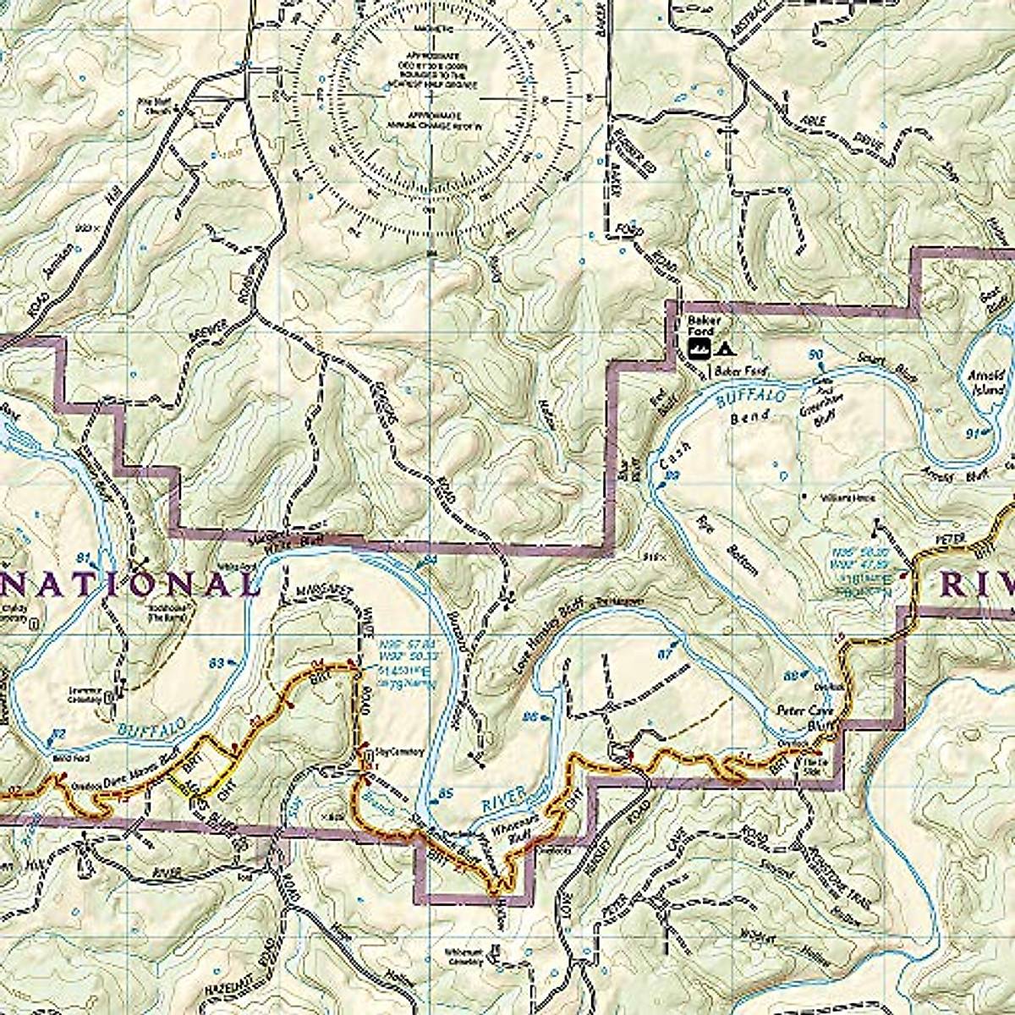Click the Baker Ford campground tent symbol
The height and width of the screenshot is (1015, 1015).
click(723, 348)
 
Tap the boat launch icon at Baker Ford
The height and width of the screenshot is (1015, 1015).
click(698, 348)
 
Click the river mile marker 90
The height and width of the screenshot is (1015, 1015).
click(815, 353)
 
